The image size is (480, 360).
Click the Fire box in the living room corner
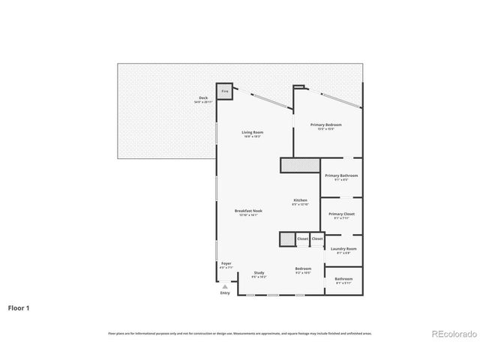tap(224, 91)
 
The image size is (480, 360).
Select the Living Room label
tap(252, 132)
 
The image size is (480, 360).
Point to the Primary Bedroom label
tap(326, 124)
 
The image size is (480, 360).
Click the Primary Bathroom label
tap(340, 175)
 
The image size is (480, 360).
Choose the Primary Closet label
tap(341, 214)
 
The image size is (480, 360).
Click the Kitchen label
tap(300, 200)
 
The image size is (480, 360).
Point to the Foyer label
tap(226, 263)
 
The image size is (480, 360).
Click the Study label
tap(259, 272)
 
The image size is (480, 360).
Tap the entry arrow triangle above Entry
tap(224, 286)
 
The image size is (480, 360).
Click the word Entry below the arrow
tap(225, 293)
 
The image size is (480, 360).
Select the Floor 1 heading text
tap(19, 307)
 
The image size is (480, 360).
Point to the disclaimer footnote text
tap(239, 333)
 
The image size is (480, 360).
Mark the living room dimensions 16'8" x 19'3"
tap(253, 136)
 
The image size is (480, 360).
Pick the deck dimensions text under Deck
tap(202, 101)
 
